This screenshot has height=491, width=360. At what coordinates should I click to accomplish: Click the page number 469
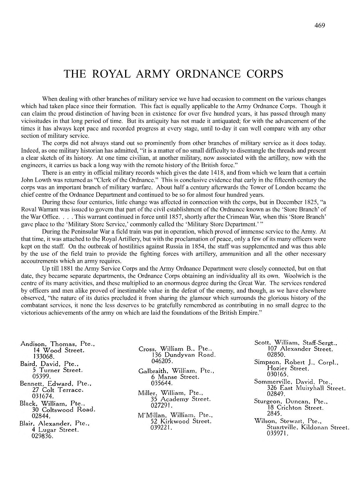pyautogui.click(x=319, y=25)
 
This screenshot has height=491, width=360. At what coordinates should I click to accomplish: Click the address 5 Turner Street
pyautogui.click(x=58, y=370)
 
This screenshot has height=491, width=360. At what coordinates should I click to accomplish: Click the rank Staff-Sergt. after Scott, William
pyautogui.click(x=317, y=343)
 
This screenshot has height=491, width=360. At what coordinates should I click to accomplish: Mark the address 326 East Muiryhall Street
pyautogui.click(x=306, y=388)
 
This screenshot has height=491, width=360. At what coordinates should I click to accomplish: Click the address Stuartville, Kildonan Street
pyautogui.click(x=308, y=427)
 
